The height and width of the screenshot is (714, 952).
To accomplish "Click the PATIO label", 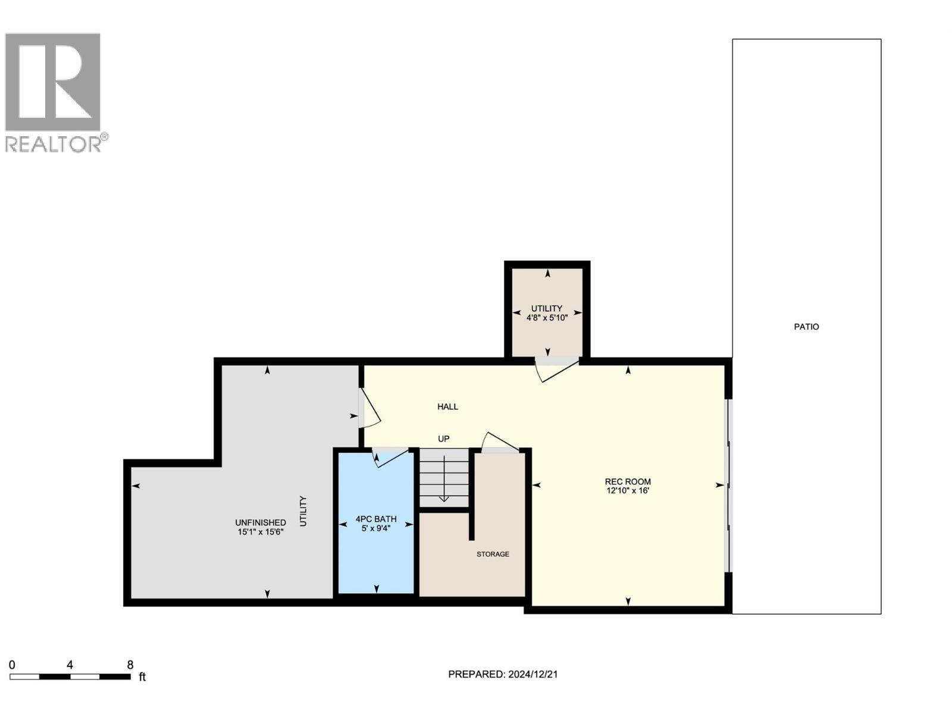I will point(806,327).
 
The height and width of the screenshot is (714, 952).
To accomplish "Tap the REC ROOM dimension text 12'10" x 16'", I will point(628,491).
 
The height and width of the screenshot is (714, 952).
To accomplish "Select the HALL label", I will point(447,407).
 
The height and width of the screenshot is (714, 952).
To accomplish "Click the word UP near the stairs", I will point(444,439).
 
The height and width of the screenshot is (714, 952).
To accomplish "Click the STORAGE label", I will point(493,555).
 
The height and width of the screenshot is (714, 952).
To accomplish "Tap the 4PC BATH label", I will point(376,519).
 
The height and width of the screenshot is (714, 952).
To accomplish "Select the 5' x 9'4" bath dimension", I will point(376,528).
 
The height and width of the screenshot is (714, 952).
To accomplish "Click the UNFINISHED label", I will point(261,523).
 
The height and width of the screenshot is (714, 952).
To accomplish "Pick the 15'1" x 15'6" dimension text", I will point(261,533).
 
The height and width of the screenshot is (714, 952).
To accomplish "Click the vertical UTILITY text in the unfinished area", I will point(303,511).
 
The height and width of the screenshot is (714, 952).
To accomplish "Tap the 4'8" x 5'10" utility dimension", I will point(547,318).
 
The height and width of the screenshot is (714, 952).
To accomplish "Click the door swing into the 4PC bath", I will point(390,457).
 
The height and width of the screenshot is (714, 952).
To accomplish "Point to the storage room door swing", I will point(500,443).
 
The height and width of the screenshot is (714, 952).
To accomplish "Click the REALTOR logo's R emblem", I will point(52,82).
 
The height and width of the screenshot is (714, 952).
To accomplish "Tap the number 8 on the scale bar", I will point(130,665).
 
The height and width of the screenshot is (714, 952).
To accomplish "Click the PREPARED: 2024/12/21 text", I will point(502,674).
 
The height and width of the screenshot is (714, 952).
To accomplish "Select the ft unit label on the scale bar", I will point(142,677).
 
